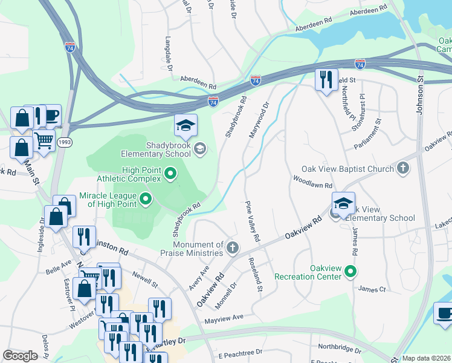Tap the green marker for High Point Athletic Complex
[170, 175]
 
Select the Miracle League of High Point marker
[145, 198]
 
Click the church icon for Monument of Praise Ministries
[232, 247]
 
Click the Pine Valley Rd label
[253, 221]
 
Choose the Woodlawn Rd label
[312, 181]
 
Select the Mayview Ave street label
[223, 318]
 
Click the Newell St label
[145, 280]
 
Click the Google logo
[20, 356]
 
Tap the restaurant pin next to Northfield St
[326, 80]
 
